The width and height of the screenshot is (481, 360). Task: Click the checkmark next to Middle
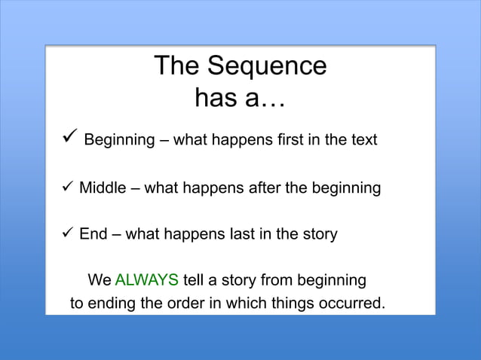[x=66, y=188]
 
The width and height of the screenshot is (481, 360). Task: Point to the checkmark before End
[x=66, y=234]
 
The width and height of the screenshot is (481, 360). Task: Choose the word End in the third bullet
[x=93, y=234]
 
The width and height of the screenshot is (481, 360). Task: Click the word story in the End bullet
[x=318, y=234]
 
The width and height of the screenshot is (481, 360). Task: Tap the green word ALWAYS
[x=146, y=281]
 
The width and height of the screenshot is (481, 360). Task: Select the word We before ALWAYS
[x=100, y=281]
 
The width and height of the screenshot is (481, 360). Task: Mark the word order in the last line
[x=185, y=305]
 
